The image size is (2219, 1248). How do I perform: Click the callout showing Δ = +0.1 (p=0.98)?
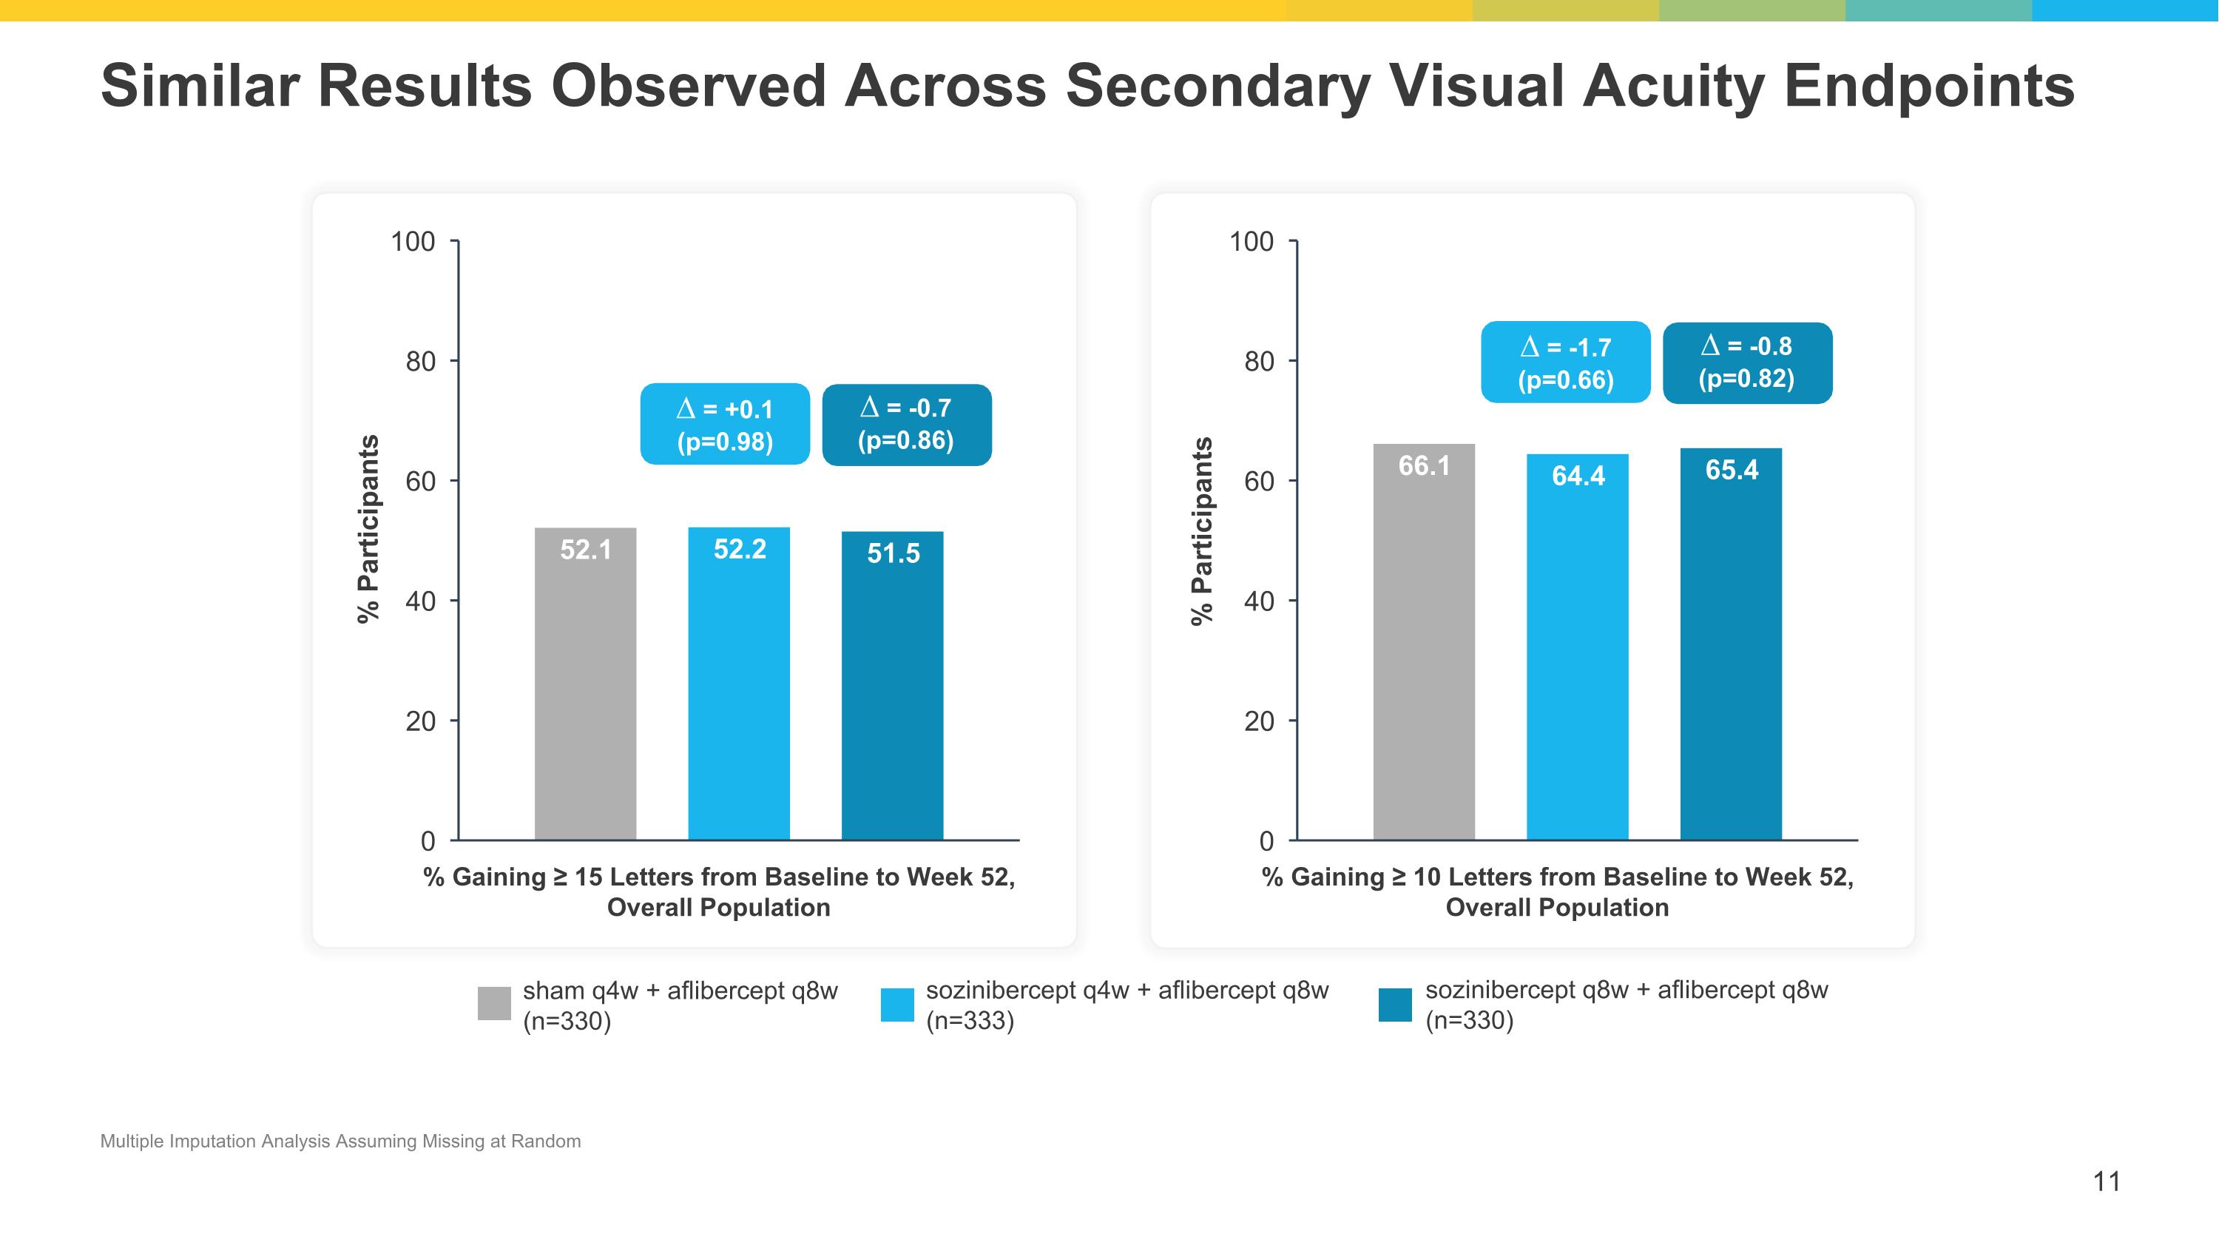pos(724,424)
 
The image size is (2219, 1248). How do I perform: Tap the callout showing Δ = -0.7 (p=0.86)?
pos(906,424)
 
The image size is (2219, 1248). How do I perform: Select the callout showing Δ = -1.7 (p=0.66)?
pos(1565,362)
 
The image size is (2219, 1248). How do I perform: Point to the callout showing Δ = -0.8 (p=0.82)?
pos(1747,362)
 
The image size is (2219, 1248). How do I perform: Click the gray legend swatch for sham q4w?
pos(494,1003)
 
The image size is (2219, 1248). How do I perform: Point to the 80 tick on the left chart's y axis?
pos(420,361)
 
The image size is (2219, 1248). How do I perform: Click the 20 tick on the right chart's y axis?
pos(1258,721)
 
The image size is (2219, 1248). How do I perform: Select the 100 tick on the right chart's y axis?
pos(1251,241)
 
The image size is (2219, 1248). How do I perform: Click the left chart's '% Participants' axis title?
pos(368,529)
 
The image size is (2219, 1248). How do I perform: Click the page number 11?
pos(2106,1181)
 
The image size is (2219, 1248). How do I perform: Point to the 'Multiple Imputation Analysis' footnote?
pos(340,1141)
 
